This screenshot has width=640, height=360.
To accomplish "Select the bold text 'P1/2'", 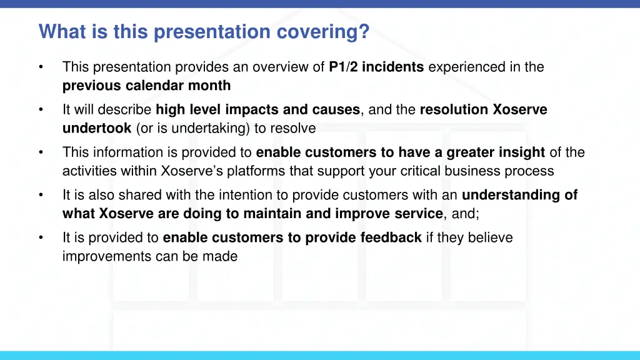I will point(343,67).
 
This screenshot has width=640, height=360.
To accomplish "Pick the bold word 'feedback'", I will point(391,237).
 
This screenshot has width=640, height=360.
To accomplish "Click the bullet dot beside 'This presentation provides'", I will point(41,67).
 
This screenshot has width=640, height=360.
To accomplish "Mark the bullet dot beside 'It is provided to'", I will point(41,238).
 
